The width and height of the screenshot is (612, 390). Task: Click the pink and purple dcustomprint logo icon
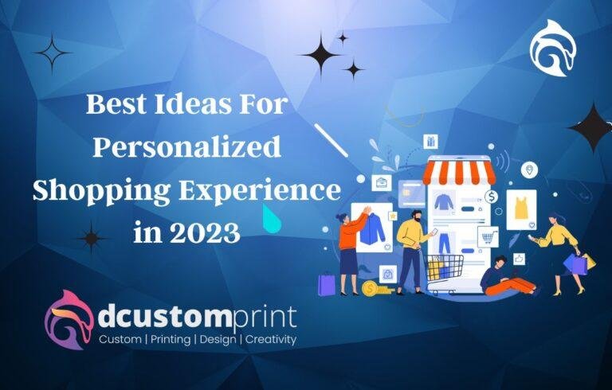tap(69, 319)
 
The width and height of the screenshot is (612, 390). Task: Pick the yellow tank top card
tap(522, 209)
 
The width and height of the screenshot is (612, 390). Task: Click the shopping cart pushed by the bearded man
tap(444, 271)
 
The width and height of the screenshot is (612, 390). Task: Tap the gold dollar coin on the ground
tap(370, 288)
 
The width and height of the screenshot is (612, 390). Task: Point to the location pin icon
tap(529, 169)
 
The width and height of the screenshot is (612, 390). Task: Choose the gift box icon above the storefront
tap(430, 142)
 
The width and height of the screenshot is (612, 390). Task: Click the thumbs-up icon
tap(519, 259)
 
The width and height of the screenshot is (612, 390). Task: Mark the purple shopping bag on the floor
tap(327, 284)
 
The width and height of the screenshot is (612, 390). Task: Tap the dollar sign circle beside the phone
tap(492, 196)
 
